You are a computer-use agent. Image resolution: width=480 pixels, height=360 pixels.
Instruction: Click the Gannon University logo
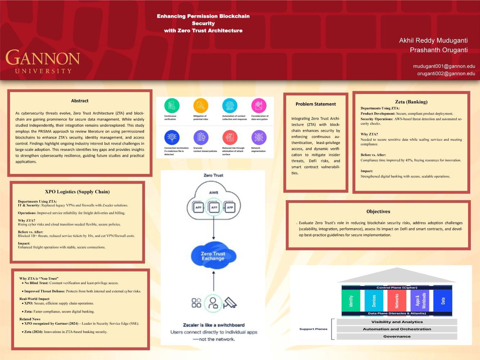pyautogui.click(x=42, y=61)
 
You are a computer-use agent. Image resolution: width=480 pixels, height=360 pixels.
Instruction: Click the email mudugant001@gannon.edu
pyautogui.click(x=444, y=66)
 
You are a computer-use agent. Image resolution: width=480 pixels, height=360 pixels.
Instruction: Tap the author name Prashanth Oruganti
pyautogui.click(x=439, y=50)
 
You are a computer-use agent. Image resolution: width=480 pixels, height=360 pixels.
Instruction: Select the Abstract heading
pyautogui.click(x=80, y=101)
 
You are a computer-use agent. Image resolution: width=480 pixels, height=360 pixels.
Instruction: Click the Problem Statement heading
pyautogui.click(x=315, y=104)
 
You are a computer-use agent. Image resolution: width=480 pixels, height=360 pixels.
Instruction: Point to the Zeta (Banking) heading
pyautogui.click(x=411, y=102)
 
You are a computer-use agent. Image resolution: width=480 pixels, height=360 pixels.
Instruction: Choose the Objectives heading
pyautogui.click(x=378, y=212)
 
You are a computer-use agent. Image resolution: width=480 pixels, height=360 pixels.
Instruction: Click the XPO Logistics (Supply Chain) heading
pyautogui.click(x=77, y=192)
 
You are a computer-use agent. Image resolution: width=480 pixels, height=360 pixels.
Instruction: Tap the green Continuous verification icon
pyautogui.click(x=172, y=105)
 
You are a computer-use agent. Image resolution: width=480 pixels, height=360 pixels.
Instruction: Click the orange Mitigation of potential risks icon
pyautogui.click(x=201, y=105)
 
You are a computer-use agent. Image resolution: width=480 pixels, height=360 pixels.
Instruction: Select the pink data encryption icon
pyautogui.click(x=259, y=105)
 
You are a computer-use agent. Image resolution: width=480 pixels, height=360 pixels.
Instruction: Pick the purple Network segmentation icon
pyautogui.click(x=259, y=137)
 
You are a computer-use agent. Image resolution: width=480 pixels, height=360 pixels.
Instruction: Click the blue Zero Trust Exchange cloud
pyautogui.click(x=213, y=256)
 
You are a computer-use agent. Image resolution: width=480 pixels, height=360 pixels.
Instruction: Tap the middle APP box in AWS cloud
pyautogui.click(x=214, y=207)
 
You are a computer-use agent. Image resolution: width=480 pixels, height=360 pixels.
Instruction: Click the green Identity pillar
pyautogui.click(x=351, y=301)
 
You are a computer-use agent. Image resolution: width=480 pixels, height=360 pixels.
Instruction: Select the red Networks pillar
pyautogui.click(x=397, y=301)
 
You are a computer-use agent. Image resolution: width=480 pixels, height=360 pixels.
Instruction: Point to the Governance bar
pyautogui.click(x=397, y=337)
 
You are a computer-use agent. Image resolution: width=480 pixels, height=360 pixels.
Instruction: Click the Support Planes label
pyautogui.click(x=313, y=329)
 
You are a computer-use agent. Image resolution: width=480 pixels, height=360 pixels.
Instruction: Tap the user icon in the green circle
pyautogui.click(x=213, y=303)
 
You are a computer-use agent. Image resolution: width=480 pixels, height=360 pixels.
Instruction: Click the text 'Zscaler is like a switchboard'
pyautogui.click(x=214, y=325)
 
